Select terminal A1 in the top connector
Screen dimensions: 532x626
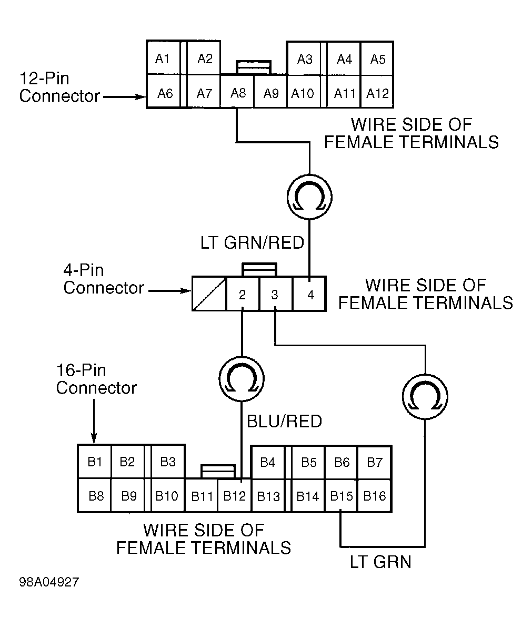tap(164, 57)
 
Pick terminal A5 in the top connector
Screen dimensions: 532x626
tap(377, 58)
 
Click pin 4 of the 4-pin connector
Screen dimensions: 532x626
tap(309, 294)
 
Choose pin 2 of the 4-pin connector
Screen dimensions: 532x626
tap(242, 294)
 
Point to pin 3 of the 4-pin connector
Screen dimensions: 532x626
tap(276, 294)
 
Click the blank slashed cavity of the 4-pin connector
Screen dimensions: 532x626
tap(209, 294)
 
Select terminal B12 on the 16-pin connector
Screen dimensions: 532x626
tap(235, 495)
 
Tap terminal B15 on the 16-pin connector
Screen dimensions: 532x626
tap(342, 495)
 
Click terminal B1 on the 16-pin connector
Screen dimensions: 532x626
tap(95, 462)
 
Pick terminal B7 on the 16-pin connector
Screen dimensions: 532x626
tap(375, 462)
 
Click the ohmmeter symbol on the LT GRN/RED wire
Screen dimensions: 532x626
tap(309, 197)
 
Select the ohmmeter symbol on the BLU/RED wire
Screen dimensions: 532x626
tap(242, 379)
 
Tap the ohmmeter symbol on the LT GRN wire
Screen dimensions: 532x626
tap(425, 396)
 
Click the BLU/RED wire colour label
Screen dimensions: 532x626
tap(284, 421)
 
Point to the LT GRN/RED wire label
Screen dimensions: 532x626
tap(252, 243)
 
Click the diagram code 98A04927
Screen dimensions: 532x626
tap(49, 582)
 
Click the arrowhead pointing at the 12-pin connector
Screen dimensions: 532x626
tap(141, 96)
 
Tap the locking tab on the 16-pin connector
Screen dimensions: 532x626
tap(218, 471)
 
